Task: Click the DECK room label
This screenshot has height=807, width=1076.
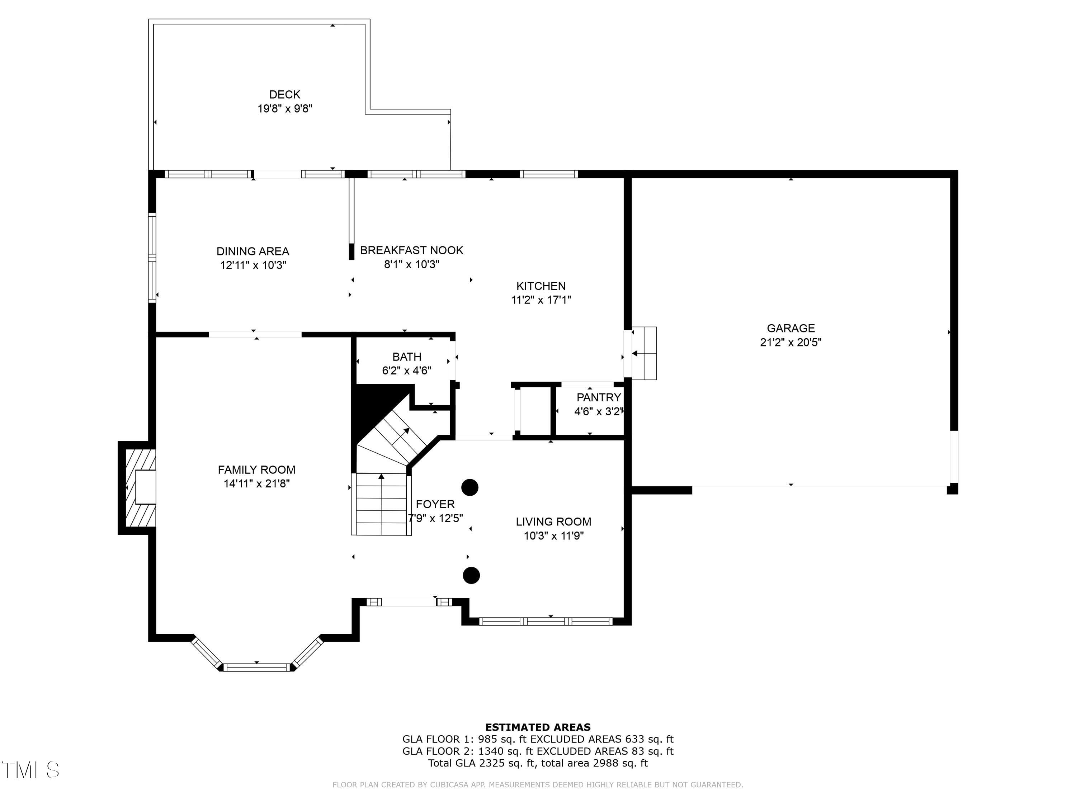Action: [284, 94]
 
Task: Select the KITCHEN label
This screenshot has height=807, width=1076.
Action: [541, 286]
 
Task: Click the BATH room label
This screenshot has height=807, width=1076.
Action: [407, 357]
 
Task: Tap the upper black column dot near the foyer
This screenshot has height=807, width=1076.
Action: [469, 487]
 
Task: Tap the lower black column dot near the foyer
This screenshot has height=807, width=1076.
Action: [471, 575]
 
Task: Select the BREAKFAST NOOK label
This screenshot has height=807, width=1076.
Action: [411, 250]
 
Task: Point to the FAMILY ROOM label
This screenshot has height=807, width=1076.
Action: [256, 470]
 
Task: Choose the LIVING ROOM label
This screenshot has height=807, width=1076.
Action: [553, 522]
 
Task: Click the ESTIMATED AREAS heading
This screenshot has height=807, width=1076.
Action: [538, 727]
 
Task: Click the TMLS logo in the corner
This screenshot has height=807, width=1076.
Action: [30, 770]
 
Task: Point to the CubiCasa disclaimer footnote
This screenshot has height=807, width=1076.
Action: [538, 785]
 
